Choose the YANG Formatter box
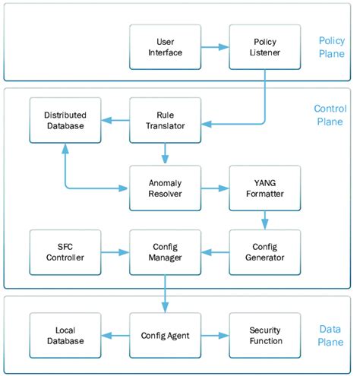coord(257,188)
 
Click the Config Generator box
coord(257,251)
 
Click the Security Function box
coord(257,335)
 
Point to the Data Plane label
coord(331,334)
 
